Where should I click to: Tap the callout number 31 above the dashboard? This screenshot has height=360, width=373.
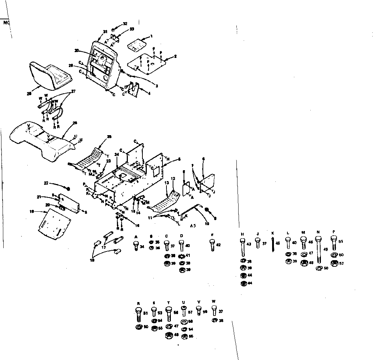tap(105, 32)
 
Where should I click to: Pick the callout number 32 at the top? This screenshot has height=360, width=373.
tap(125, 24)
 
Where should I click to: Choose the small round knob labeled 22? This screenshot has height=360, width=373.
tap(68, 188)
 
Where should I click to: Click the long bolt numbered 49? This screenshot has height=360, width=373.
tap(319, 251)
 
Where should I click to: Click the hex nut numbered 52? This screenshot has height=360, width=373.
tap(333, 263)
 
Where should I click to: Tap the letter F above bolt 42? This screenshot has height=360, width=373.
tap(212, 236)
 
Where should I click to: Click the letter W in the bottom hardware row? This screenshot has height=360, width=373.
tap(214, 301)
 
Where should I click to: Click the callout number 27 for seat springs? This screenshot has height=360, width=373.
tap(74, 91)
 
